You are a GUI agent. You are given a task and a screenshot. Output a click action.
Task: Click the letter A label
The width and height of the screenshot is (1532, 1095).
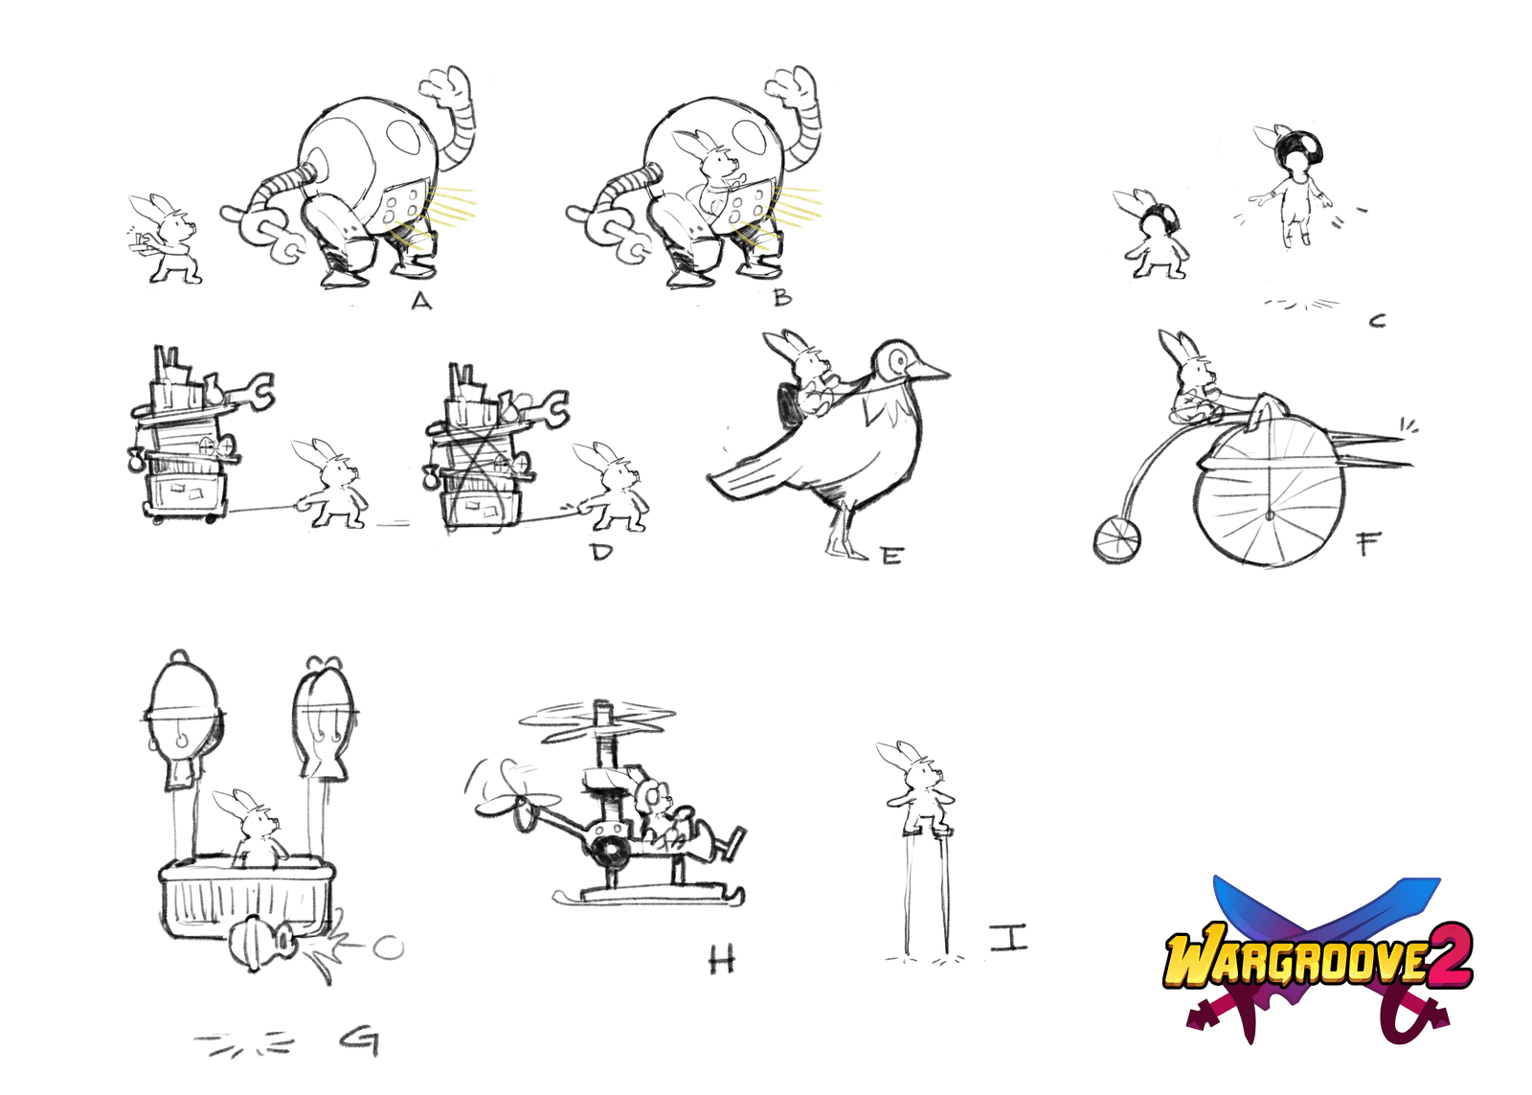[422, 300]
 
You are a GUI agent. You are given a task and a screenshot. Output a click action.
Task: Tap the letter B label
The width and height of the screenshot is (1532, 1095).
[782, 296]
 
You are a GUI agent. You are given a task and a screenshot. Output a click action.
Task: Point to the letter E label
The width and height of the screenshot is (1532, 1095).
[891, 556]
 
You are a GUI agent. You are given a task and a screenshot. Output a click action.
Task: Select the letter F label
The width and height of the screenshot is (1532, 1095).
[1366, 545]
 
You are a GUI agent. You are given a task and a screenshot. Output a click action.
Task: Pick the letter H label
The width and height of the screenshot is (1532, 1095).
[722, 960]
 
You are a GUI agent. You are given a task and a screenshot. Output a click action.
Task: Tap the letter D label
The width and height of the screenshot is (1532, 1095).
[601, 551]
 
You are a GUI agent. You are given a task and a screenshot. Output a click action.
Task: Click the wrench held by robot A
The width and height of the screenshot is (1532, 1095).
[268, 234]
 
